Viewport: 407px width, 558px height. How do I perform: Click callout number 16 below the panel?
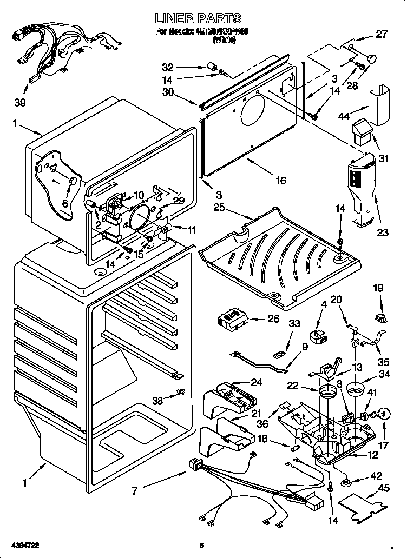tap(280, 181)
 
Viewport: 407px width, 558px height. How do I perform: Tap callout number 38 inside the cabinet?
tap(157, 401)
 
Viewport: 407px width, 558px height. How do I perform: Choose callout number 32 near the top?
tap(169, 68)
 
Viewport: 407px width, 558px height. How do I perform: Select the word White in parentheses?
tap(224, 39)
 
